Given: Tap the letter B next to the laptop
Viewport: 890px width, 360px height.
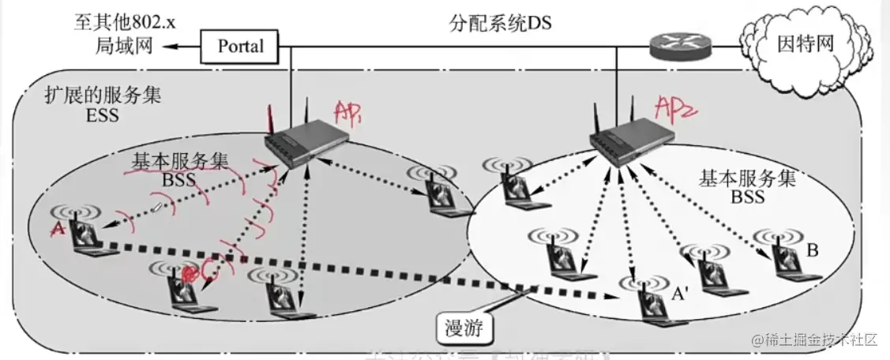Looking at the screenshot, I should click(x=812, y=250).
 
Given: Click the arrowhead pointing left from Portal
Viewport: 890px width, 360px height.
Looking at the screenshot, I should click(x=169, y=49).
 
